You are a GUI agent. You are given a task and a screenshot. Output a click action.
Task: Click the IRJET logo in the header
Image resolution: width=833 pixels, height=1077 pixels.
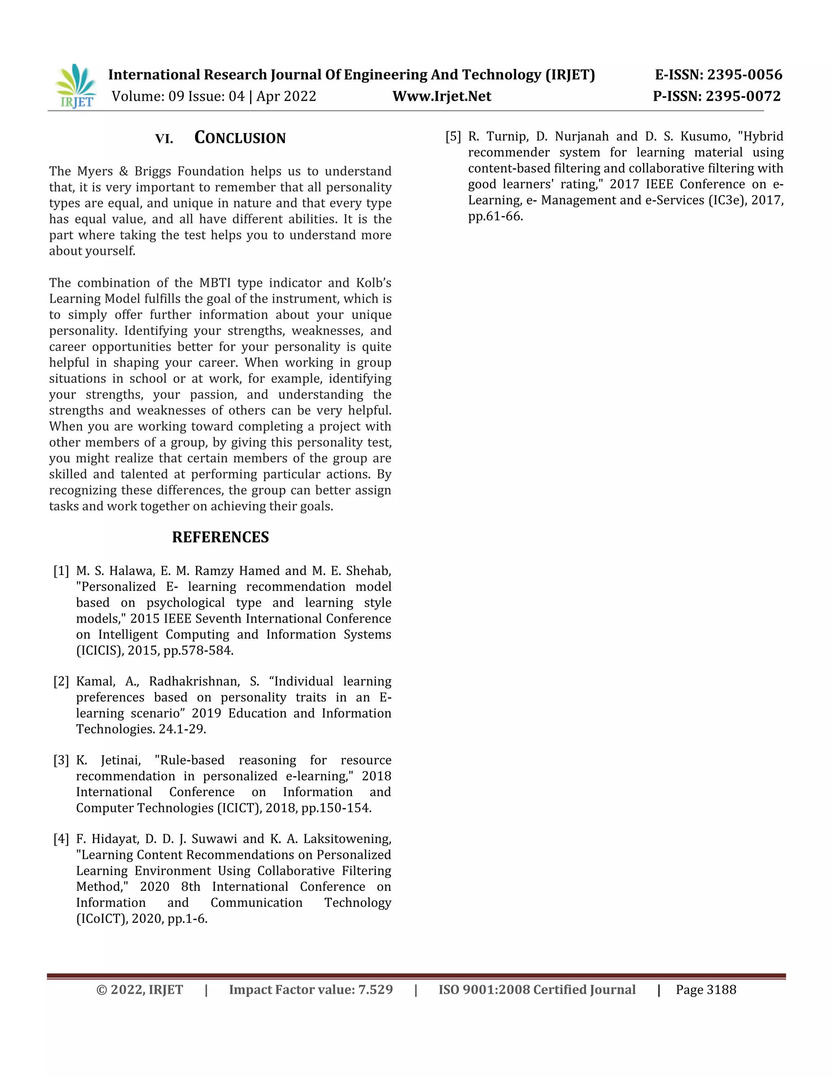76,86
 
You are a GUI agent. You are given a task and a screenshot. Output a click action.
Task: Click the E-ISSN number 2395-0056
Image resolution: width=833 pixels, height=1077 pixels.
745,75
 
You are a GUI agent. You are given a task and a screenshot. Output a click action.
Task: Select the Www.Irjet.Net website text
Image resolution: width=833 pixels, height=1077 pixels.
442,96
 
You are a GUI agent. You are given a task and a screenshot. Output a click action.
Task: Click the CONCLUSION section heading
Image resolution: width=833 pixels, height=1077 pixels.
240,138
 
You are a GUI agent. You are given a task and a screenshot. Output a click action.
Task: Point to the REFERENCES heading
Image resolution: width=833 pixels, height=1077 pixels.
220,537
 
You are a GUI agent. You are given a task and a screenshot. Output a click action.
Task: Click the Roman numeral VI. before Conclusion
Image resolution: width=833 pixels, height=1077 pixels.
164,139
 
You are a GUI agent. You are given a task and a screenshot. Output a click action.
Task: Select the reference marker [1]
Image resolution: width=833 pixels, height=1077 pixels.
61,571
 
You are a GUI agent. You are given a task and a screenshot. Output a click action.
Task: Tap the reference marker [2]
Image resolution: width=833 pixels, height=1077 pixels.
61,682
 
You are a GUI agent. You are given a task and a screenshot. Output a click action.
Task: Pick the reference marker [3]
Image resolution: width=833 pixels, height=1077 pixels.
61,760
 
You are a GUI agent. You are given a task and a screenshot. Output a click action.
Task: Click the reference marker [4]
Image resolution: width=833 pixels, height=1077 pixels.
61,839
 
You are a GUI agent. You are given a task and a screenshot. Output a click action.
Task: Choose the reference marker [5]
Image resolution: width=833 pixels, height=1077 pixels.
453,137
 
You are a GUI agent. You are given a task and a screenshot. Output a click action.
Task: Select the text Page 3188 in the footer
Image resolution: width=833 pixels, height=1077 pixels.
706,990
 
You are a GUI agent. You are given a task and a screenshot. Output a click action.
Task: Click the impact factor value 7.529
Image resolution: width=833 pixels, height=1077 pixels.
375,990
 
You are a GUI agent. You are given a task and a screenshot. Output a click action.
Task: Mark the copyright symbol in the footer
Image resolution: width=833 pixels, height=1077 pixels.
102,990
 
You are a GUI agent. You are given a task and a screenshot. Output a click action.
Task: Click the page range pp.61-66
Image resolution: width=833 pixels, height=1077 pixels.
495,217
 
